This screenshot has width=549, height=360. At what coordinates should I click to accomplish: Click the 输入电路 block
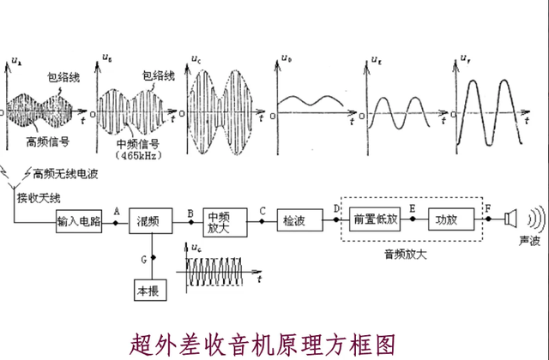pos(78,221)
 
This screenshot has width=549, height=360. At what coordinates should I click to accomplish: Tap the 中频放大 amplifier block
pos(224,220)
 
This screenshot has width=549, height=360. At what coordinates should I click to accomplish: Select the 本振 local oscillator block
pos(150,290)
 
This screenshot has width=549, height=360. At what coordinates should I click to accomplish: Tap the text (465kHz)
pos(137,158)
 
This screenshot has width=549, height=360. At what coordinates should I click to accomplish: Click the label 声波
pos(529,243)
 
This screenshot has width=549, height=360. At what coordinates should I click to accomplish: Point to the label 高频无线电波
pos(65,173)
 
